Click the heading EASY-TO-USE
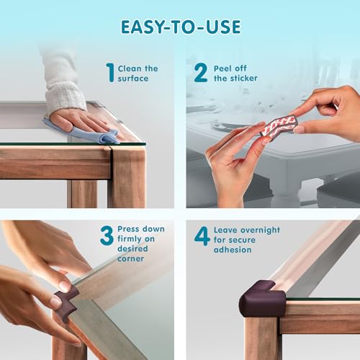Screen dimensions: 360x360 [x=181, y=27]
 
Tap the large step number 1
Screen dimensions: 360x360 [x=110, y=73]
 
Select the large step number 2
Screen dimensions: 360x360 [x=200, y=73]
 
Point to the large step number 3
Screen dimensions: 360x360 [x=107, y=235]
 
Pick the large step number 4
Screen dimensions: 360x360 [x=202, y=236]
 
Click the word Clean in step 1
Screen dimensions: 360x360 [x=130, y=68]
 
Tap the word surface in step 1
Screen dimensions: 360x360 [x=133, y=78]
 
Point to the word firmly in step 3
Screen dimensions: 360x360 [x=130, y=239]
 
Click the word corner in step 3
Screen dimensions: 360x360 [x=131, y=258]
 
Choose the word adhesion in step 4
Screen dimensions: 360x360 [x=233, y=250]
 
